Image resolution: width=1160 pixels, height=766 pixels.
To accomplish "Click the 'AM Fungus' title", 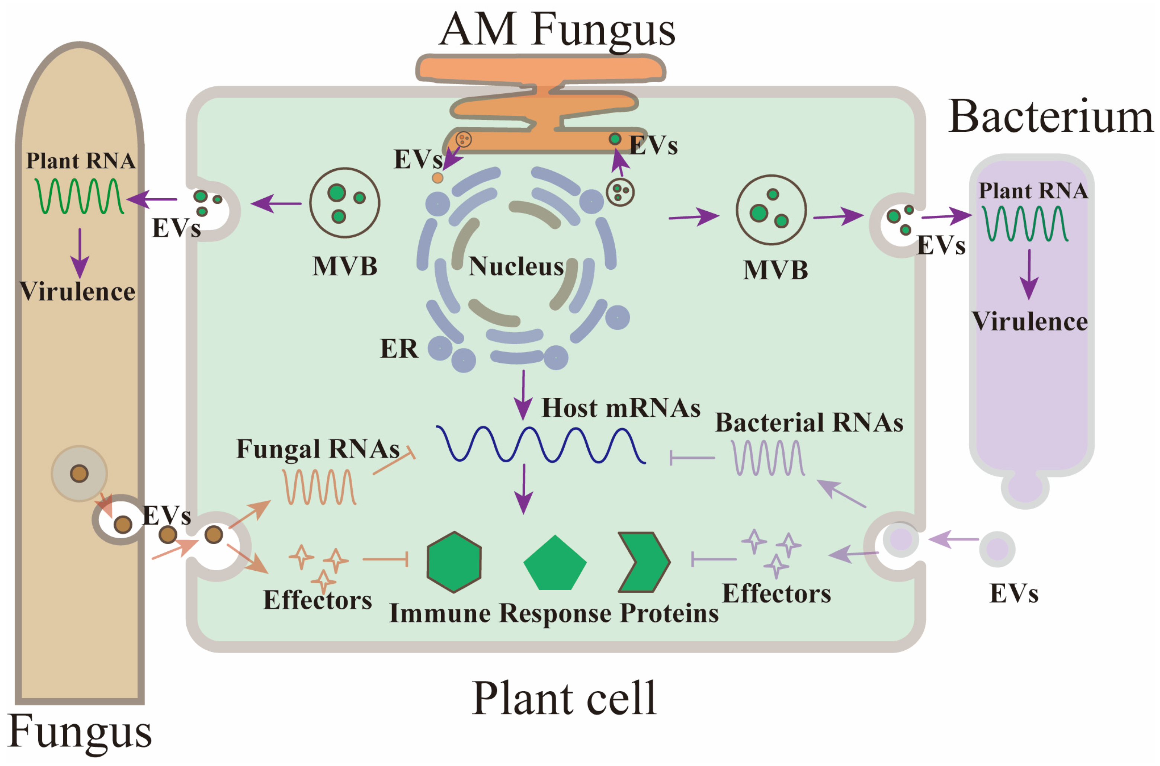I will click(557, 30).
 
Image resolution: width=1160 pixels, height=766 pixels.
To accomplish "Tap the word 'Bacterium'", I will click(1050, 117).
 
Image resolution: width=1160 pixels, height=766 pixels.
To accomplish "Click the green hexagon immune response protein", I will click(454, 562).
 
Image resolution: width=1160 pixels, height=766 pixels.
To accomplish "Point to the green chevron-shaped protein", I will click(644, 562).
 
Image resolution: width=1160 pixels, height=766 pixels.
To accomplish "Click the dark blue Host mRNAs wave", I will click(540, 445).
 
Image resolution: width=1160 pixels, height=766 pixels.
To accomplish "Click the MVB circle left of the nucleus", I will click(345, 203).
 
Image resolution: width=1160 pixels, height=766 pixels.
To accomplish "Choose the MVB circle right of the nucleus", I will click(771, 210).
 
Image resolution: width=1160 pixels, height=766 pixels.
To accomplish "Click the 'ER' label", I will click(399, 349).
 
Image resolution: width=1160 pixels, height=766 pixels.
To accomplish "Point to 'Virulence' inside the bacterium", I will click(1029, 322).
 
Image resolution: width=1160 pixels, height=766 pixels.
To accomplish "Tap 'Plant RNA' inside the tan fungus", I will click(81, 161).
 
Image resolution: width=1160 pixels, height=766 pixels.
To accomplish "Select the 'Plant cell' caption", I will click(564, 699).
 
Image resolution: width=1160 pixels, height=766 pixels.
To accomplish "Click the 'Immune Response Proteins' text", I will click(553, 613).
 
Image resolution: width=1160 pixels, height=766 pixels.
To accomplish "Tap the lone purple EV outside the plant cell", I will click(997, 549).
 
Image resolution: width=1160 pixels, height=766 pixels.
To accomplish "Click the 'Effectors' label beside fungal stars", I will click(317, 600).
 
